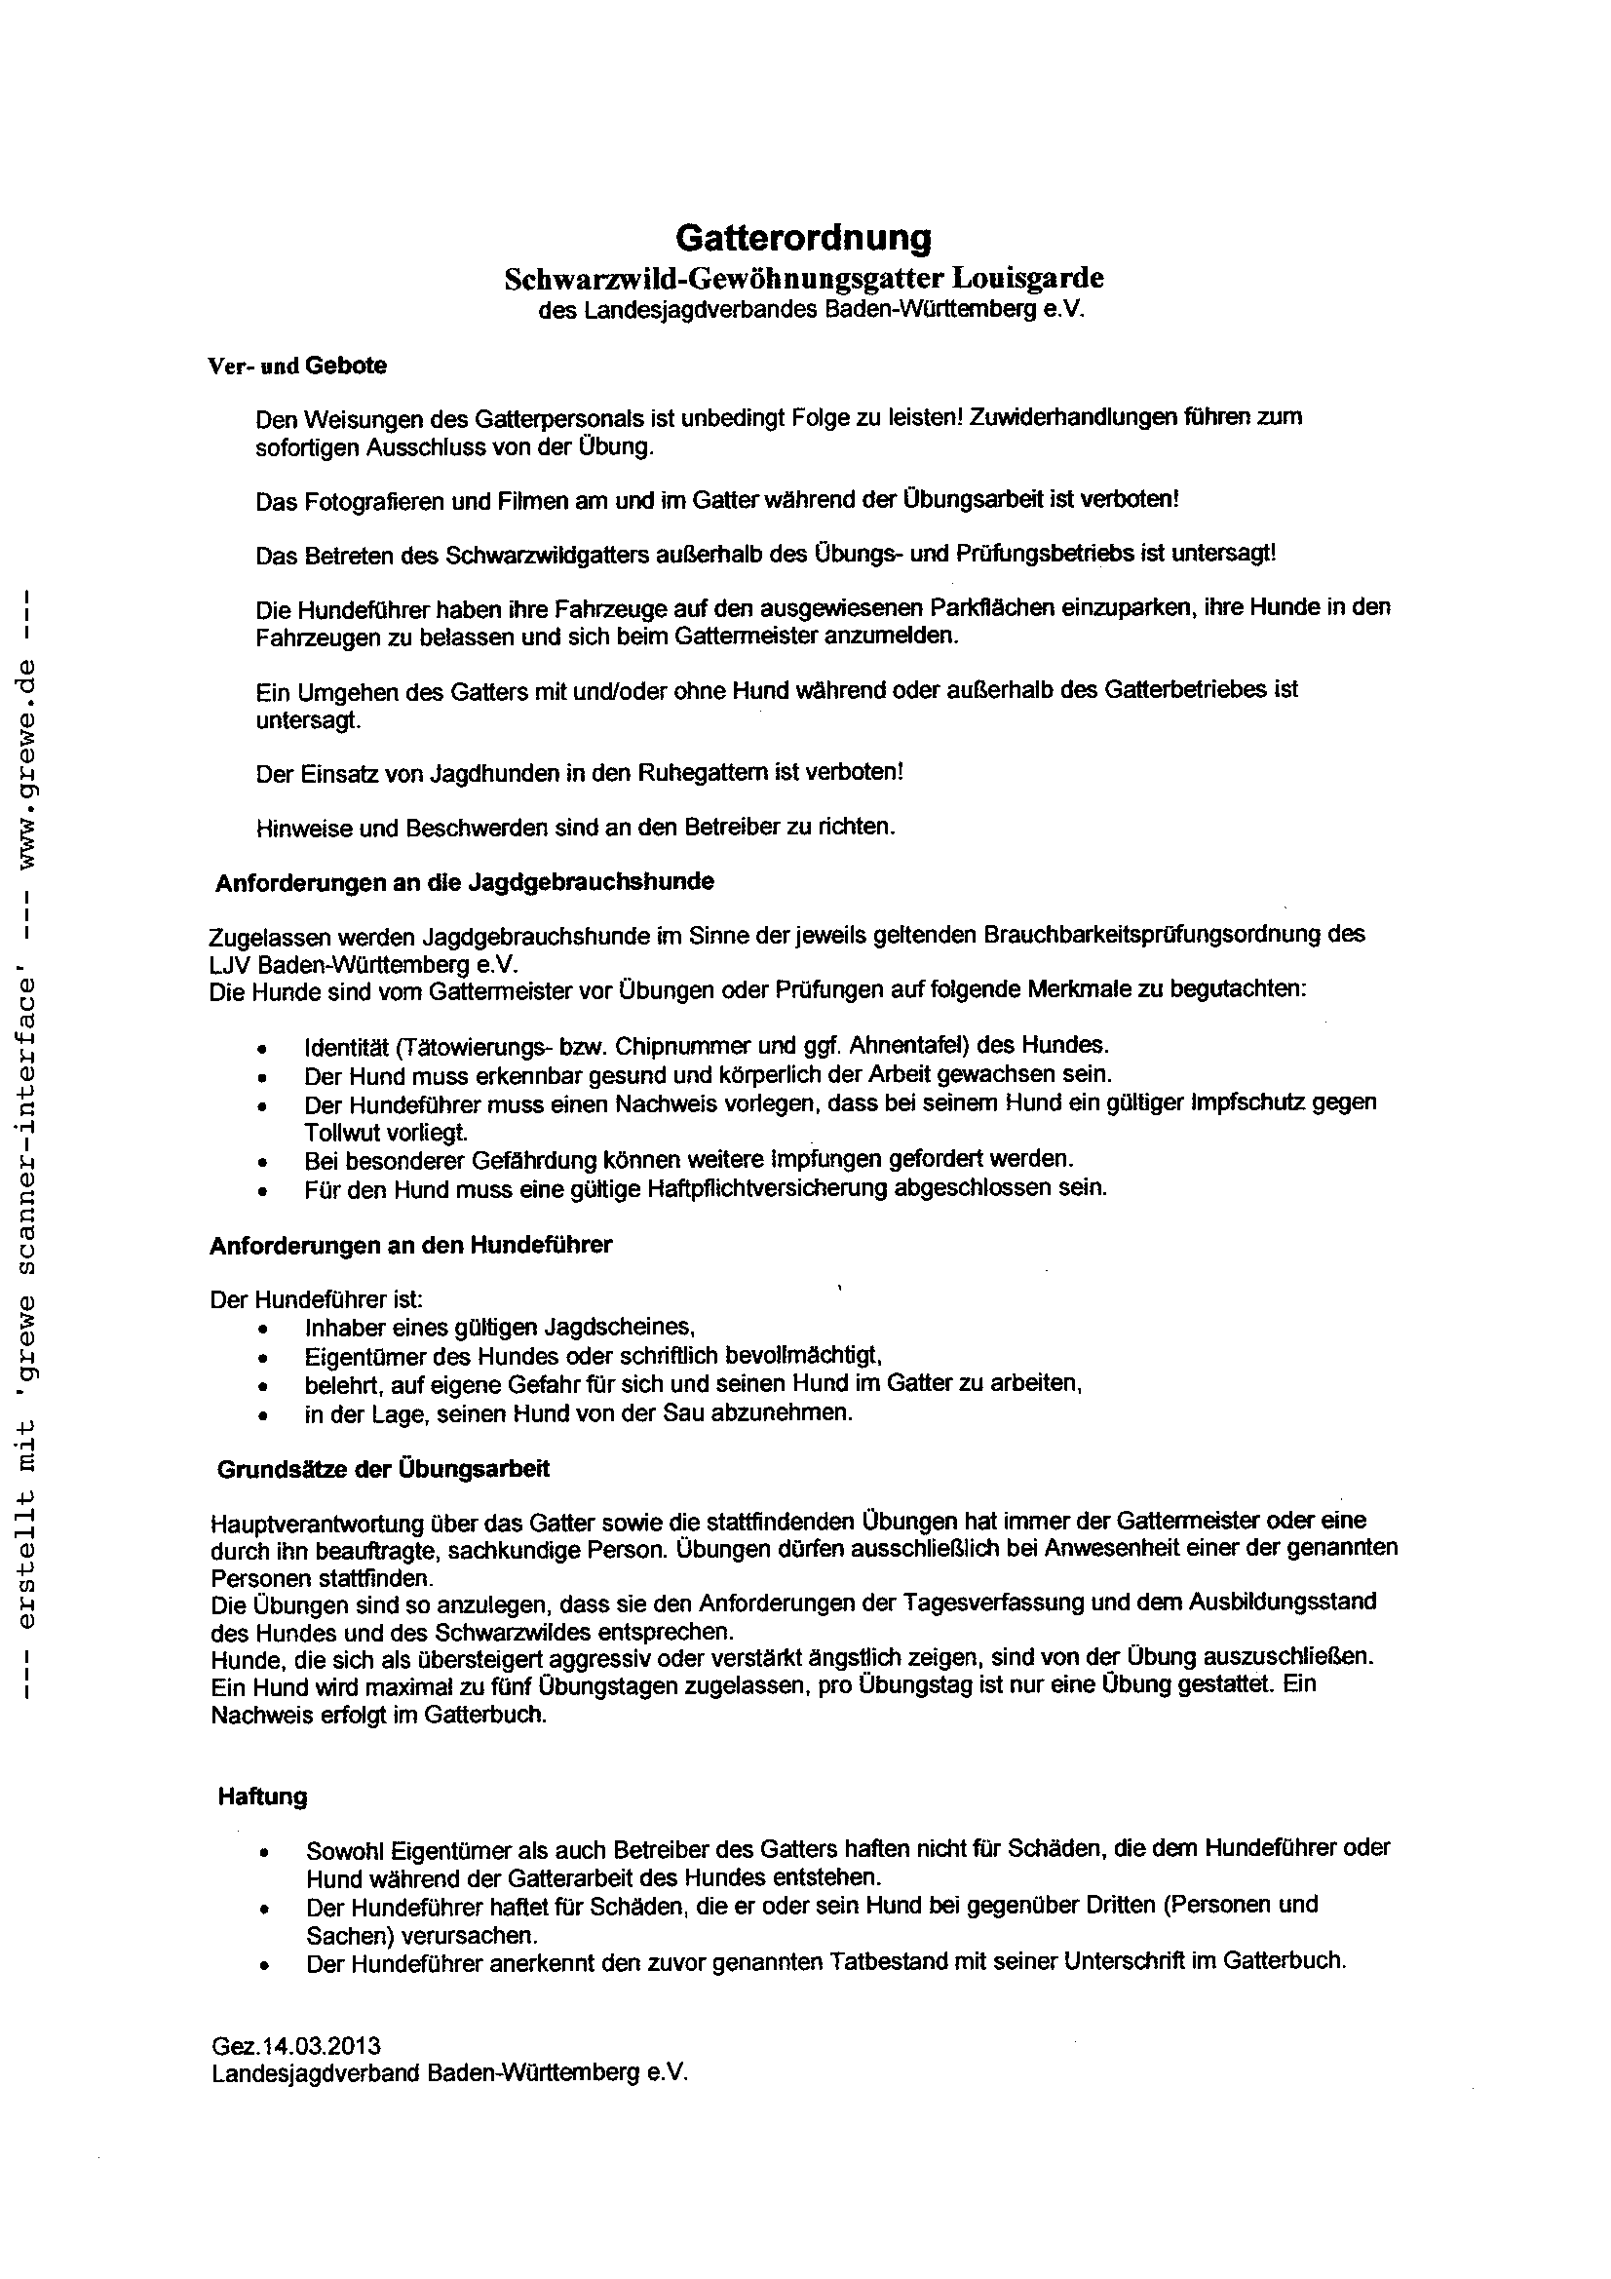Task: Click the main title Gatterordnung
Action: [803, 238]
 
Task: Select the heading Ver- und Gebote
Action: [297, 366]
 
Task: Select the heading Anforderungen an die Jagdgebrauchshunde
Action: [465, 881]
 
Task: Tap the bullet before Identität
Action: [261, 1048]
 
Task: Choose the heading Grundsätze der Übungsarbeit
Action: [383, 1469]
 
